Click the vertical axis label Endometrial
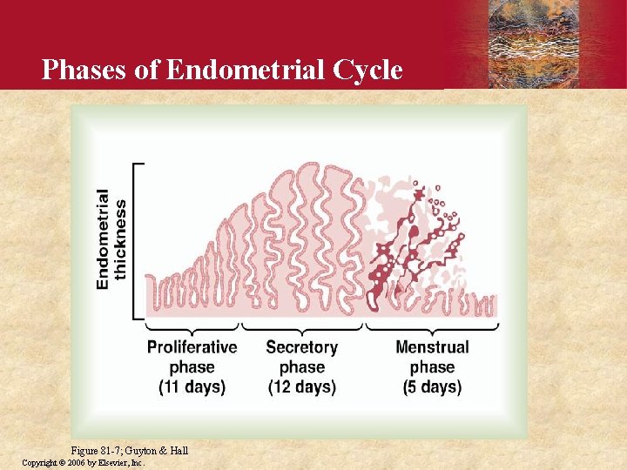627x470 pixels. [104, 238]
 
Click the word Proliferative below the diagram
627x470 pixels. [192, 347]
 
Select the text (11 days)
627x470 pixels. [192, 386]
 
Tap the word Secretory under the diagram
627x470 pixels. [301, 347]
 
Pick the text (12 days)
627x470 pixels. [301, 386]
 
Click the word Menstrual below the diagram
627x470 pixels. [432, 347]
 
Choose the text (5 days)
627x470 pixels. [432, 386]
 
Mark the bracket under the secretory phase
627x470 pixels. [301, 328]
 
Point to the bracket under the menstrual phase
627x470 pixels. [432, 328]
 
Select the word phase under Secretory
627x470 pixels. [301, 367]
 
